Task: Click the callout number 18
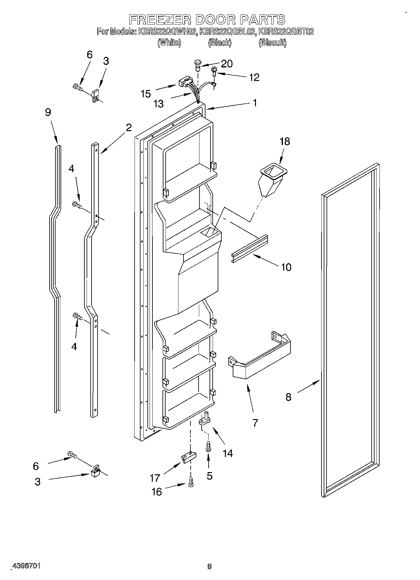point(284,141)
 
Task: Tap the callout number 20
point(226,64)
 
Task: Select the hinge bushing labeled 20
point(197,64)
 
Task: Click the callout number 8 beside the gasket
point(288,397)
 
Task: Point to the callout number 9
point(48,112)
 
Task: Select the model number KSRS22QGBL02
point(229,32)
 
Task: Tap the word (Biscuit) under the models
point(272,43)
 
